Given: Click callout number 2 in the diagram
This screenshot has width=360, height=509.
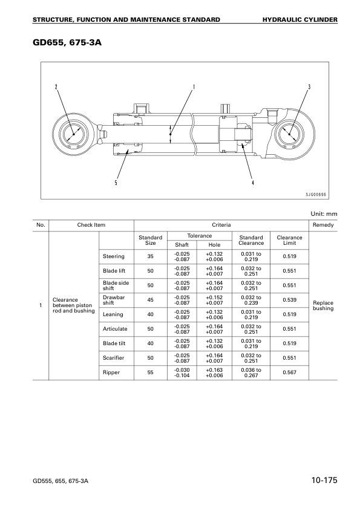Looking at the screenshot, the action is pos(56,86).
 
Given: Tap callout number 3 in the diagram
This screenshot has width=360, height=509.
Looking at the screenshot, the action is pos(309,86).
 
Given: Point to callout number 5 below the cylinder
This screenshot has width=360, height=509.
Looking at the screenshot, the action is pos(116,183).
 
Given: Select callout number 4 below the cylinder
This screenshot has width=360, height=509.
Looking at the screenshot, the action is pos(253,183).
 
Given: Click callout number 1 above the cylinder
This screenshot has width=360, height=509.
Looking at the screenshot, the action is pos(194,86).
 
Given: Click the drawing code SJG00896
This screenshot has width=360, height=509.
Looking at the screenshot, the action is pos(315,195).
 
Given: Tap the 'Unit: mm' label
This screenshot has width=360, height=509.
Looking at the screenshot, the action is pos(324,213).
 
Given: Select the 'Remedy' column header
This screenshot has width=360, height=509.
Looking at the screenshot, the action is pos(323,225).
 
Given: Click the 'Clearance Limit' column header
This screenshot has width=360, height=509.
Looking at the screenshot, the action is pos(289,240).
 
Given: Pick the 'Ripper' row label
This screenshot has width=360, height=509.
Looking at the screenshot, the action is pos(111,372).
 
